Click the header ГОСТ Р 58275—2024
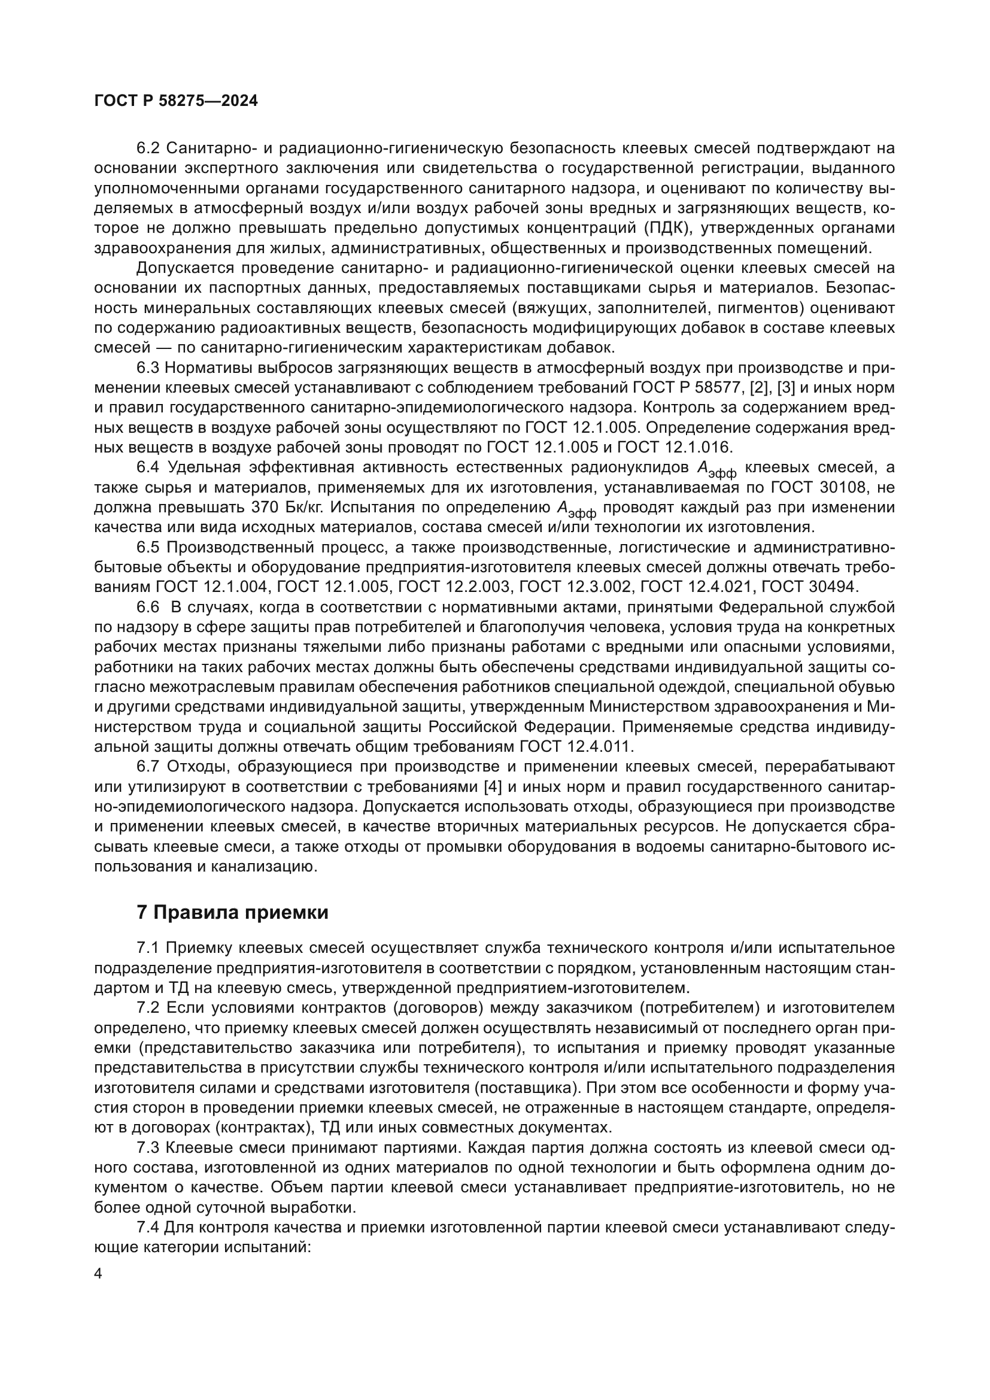[x=176, y=101]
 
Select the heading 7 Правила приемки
[x=232, y=912]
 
